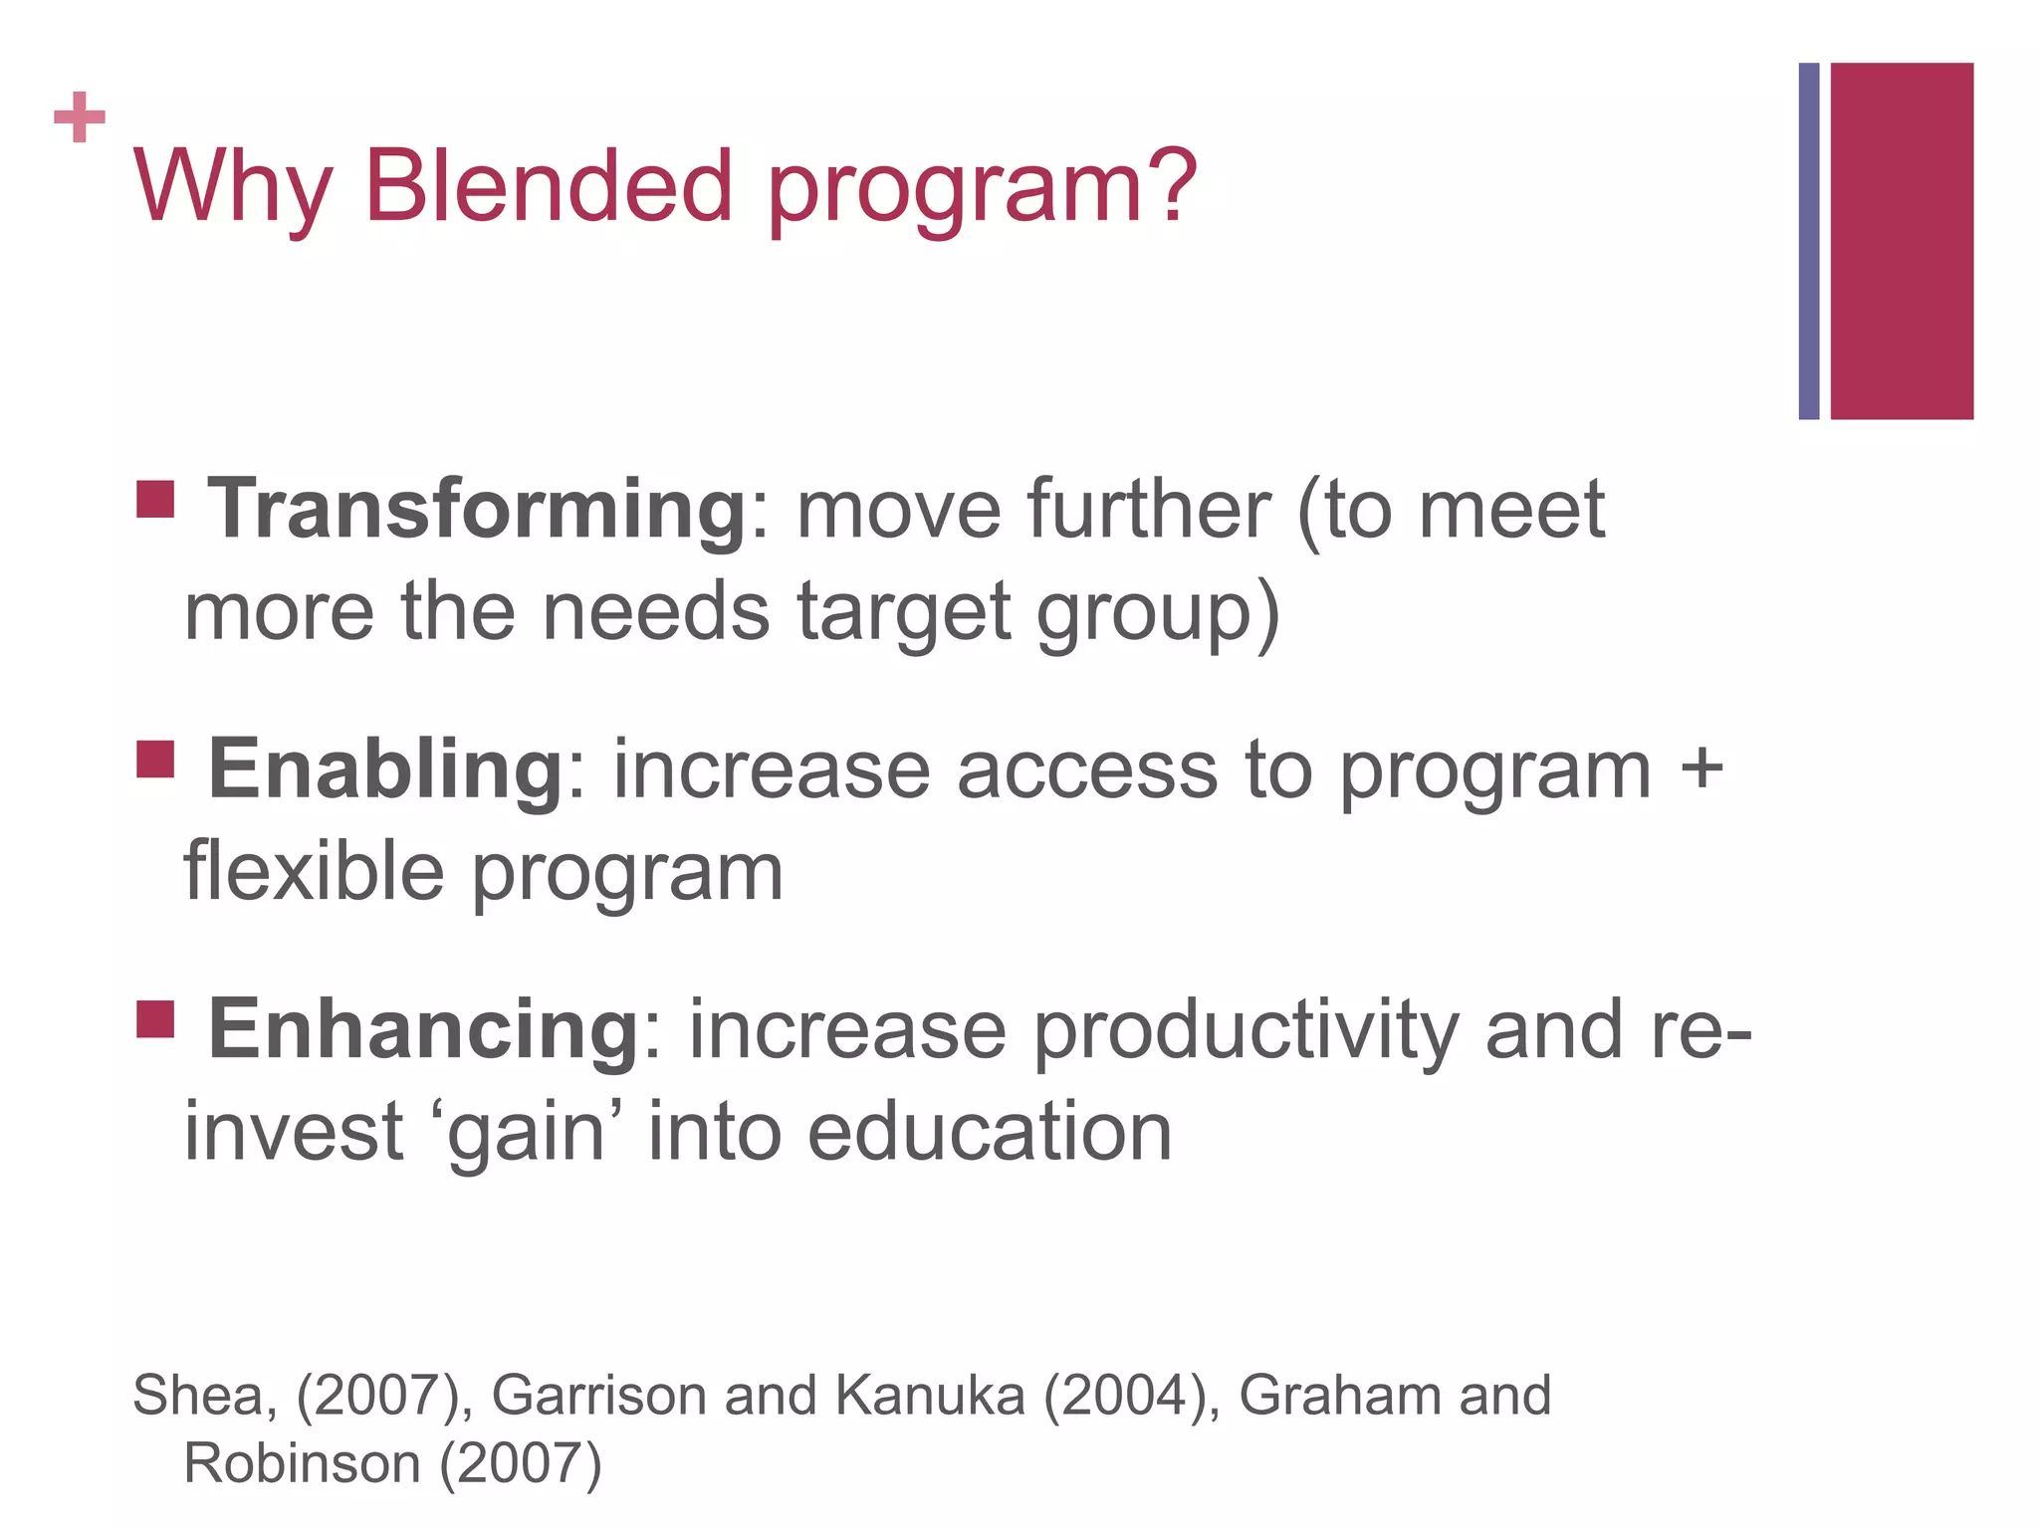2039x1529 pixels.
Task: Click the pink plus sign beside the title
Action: [80, 117]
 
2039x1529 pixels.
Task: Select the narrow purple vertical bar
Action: [1808, 241]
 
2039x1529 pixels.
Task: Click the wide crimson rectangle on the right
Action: [1902, 241]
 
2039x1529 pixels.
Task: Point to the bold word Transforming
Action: [477, 509]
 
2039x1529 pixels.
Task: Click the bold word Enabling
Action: [386, 768]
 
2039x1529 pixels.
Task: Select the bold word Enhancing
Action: [424, 1029]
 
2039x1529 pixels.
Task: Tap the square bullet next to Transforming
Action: [155, 500]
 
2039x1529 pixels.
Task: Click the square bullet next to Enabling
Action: [155, 760]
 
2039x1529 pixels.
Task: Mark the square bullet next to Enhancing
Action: [155, 1019]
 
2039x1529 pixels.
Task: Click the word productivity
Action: [1245, 1031]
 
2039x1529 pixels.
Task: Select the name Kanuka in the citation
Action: [930, 1395]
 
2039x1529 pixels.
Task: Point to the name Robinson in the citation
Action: [302, 1463]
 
